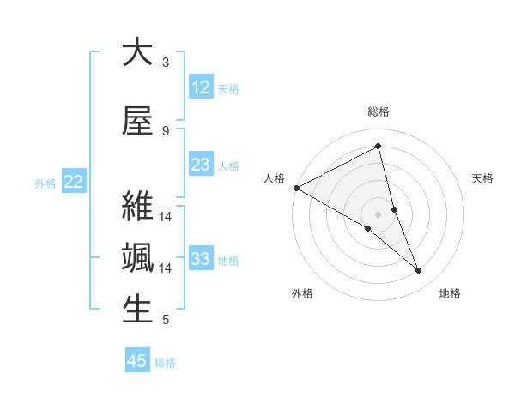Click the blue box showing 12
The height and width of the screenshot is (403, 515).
201,87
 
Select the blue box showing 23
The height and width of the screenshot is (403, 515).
201,165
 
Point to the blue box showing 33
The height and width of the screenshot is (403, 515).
201,259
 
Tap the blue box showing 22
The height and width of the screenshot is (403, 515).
74,182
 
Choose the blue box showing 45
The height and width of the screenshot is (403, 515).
137,361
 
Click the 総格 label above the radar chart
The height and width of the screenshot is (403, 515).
379,111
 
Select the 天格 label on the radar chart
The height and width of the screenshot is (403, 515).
483,178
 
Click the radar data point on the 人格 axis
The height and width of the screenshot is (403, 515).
296,188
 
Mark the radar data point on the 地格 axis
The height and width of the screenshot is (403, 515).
419,271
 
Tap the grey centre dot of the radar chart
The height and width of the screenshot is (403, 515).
378,214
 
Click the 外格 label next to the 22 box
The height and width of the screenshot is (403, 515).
45,183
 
